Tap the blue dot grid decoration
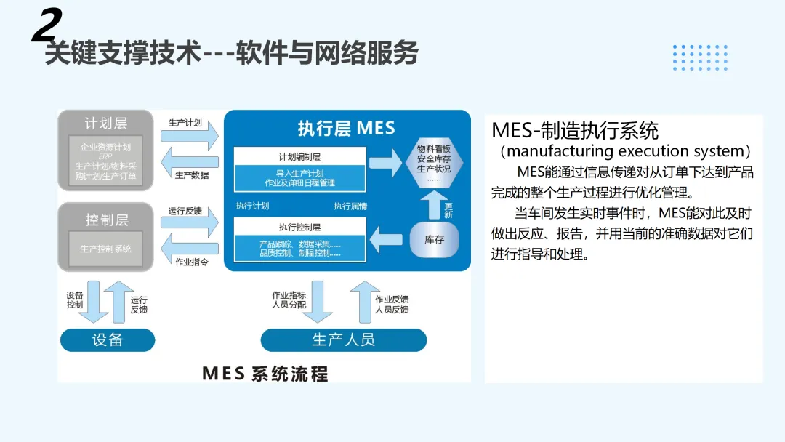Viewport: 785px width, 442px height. (700, 57)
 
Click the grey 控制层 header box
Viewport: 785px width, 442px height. (106, 219)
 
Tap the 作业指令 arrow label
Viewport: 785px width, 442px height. (191, 262)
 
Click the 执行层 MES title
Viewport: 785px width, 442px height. (346, 129)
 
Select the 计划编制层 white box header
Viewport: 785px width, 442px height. (299, 156)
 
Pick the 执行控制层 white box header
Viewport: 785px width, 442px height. (299, 226)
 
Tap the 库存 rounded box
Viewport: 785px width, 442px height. (434, 239)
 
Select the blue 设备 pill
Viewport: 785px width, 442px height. (108, 339)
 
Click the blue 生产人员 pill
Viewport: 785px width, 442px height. (343, 339)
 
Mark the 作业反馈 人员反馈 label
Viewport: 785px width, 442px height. (392, 304)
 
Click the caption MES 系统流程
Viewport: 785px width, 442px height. (265, 374)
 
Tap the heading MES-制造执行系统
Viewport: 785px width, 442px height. (575, 130)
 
